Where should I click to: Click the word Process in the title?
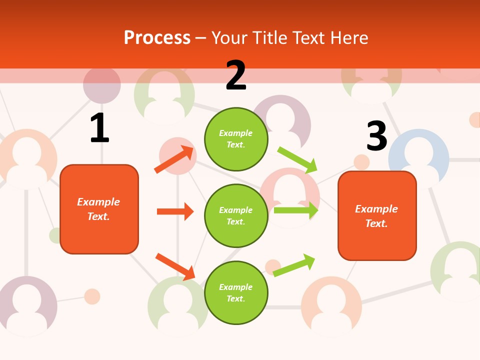point(157,38)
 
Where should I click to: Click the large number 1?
point(99,128)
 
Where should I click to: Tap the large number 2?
point(236,75)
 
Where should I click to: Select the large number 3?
point(377,136)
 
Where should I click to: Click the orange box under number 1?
point(99,209)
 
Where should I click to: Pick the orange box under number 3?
point(377,216)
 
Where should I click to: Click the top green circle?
point(236,139)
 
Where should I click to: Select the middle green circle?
point(236,215)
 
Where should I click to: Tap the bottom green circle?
point(236,292)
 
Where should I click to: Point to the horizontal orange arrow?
point(175,211)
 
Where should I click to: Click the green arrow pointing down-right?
point(297,160)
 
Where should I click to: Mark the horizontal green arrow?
point(296,210)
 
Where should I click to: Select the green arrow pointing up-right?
point(294,265)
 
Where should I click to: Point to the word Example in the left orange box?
point(98,202)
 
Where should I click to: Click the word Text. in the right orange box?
point(376,223)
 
